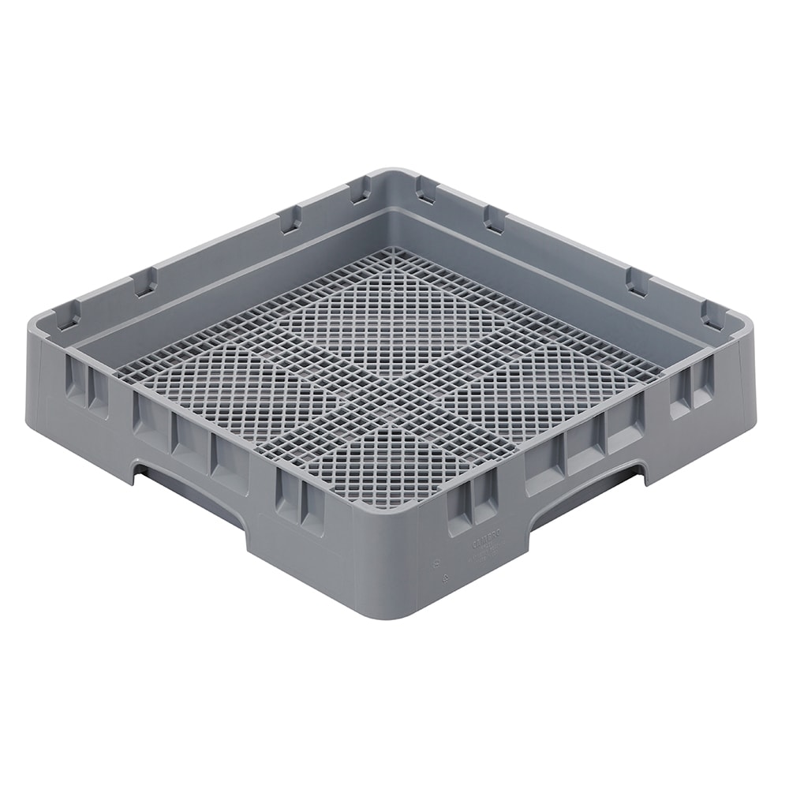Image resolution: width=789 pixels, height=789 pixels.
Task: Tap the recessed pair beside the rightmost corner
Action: [x=691, y=390]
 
